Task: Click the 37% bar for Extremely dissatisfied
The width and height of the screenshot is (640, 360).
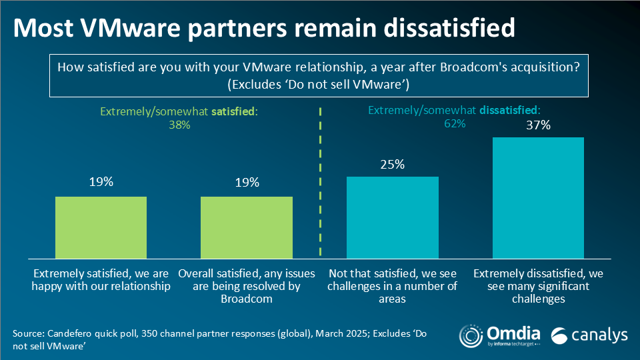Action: [538, 197]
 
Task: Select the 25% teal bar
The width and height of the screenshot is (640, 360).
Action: [393, 217]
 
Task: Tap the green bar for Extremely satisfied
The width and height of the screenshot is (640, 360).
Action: [101, 227]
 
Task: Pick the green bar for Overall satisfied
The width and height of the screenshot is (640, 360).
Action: [247, 227]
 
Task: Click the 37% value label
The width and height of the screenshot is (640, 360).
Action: [538, 125]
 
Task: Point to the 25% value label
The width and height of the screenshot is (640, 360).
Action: [393, 164]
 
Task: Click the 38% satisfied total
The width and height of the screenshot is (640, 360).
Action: [179, 125]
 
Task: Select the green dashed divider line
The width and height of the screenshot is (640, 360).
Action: [321, 180]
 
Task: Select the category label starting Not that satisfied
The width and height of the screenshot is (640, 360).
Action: [393, 286]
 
